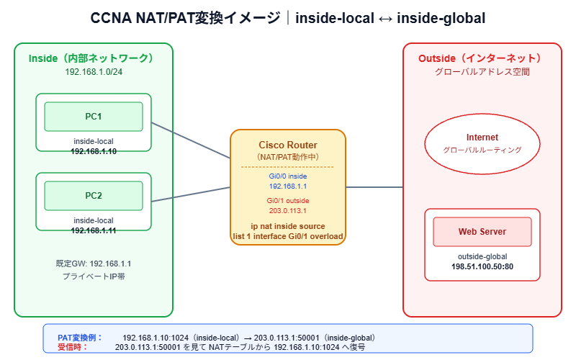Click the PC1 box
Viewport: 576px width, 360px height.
[94, 117]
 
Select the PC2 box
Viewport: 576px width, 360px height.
[94, 195]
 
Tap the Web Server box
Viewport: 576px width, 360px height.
[482, 232]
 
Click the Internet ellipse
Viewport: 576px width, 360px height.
[482, 143]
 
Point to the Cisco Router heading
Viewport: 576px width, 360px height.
[287, 145]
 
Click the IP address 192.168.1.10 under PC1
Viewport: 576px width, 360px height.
[94, 152]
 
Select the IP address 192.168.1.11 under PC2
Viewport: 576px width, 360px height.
[94, 230]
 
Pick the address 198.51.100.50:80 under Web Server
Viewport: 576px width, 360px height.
[482, 266]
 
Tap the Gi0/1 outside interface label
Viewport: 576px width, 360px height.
[287, 200]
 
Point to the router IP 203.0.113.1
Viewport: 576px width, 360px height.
[287, 211]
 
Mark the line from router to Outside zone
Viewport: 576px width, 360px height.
[374, 187]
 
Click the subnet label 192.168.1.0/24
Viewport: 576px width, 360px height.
[94, 72]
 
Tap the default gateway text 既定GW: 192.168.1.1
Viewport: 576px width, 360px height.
[94, 264]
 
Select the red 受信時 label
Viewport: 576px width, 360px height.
[72, 346]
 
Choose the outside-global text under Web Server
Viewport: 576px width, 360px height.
[482, 256]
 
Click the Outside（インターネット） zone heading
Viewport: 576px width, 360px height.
[482, 58]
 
